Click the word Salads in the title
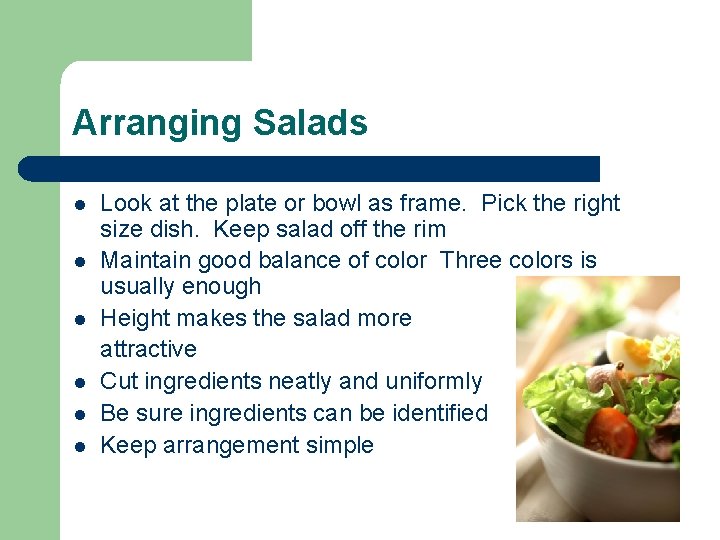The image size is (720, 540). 310,124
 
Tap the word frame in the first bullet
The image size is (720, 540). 432,204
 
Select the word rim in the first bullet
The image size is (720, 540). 427,230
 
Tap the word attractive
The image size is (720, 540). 148,350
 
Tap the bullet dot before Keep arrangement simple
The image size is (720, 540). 78,446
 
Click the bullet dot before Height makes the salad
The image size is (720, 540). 78,319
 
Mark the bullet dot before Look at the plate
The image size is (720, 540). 78,205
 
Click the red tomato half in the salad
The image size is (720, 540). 610,432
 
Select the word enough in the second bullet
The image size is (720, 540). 230,287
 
